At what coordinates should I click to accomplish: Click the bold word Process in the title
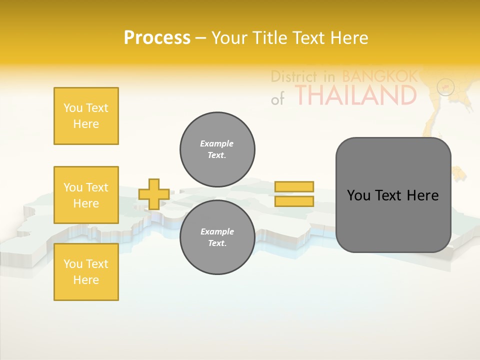tap(157, 37)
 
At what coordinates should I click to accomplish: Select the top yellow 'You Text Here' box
tap(86, 116)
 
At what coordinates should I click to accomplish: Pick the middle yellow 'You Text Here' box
tap(86, 195)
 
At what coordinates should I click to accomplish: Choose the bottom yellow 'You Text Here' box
tap(86, 272)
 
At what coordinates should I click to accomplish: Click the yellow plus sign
tap(154, 194)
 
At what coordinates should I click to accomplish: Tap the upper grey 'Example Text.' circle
tap(217, 149)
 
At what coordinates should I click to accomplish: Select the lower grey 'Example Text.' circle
tap(217, 237)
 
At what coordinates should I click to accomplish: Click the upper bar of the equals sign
tap(294, 186)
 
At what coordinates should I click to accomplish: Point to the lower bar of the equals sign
tap(294, 201)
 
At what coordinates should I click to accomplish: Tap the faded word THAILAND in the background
tap(355, 95)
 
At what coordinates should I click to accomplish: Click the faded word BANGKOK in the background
tap(379, 76)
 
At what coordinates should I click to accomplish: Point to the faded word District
tap(294, 76)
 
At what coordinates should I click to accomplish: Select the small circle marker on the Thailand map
tap(445, 87)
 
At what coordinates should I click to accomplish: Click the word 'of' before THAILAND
tap(277, 99)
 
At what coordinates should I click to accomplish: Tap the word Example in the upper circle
tap(217, 143)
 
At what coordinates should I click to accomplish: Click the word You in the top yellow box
tap(73, 108)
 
